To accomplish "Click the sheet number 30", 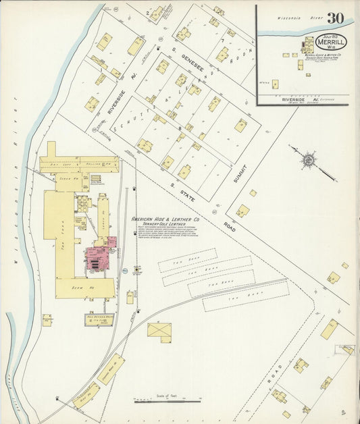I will click(336, 18).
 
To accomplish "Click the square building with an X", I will click(159, 331).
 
